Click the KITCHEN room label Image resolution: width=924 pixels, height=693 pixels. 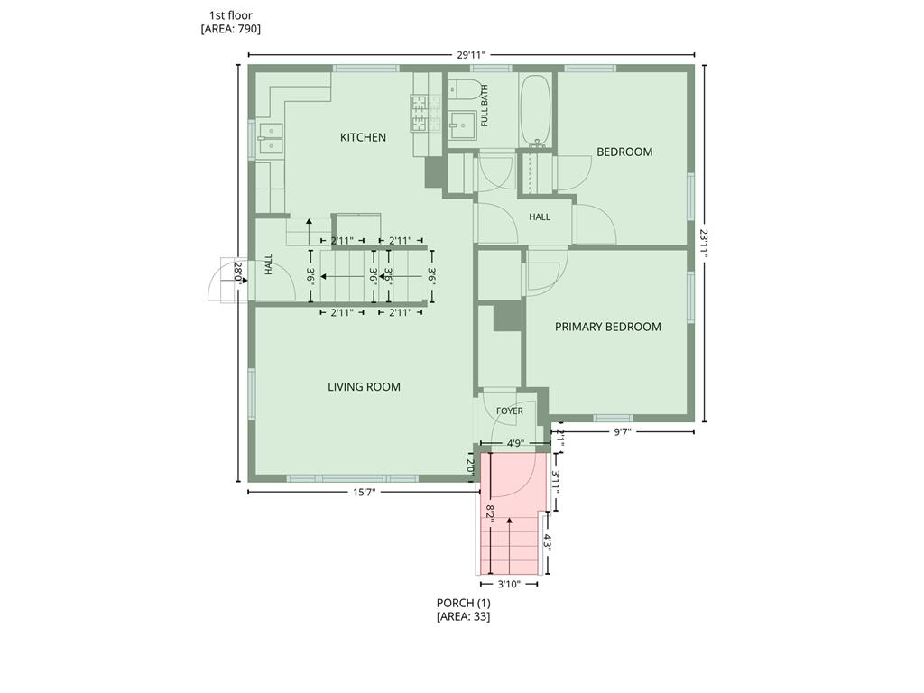pos(363,137)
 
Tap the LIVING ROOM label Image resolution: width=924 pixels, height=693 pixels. pos(365,387)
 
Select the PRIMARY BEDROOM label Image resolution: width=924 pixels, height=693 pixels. pos(607,327)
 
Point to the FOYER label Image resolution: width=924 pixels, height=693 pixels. pos(509,411)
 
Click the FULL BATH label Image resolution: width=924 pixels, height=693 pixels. pos(485,106)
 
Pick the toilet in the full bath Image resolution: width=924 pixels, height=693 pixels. pos(461,89)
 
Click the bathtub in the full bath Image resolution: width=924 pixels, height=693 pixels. pos(535,110)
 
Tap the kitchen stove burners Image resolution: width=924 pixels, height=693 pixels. pos(426,113)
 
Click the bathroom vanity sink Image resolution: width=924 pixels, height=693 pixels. pos(461,125)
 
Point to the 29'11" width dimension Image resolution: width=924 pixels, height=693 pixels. pos(471,55)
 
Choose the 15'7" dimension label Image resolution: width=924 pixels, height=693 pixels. pos(365,492)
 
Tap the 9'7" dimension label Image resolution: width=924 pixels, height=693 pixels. pos(623,432)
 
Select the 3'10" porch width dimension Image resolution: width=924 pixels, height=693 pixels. pos(509,584)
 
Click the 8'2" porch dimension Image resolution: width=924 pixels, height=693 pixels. pos(490,511)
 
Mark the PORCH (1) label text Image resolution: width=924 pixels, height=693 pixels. pos(463,603)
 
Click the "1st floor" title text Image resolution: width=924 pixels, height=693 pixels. pos(230,15)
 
